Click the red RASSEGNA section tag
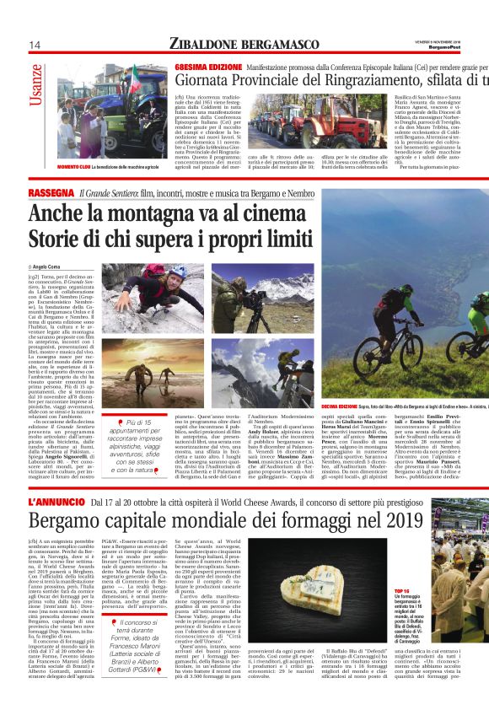point(51,194)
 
